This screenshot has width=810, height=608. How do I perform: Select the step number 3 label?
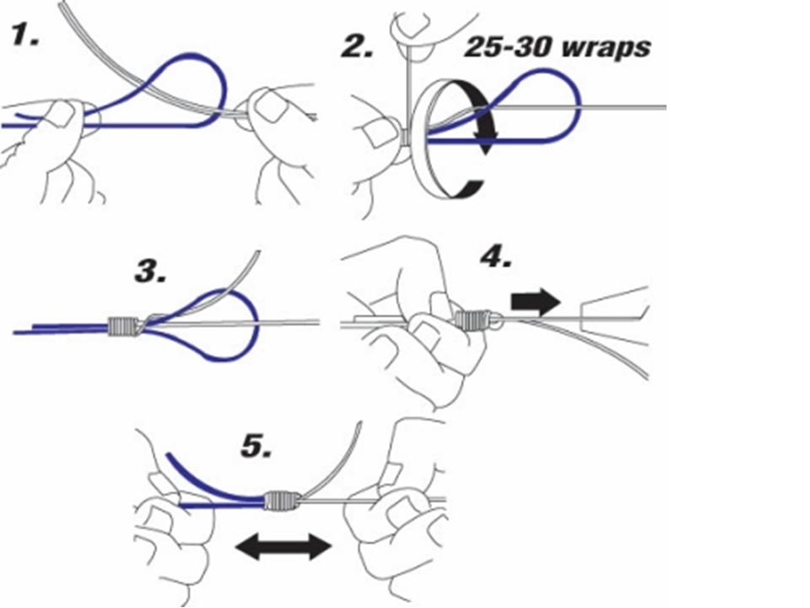pyautogui.click(x=152, y=272)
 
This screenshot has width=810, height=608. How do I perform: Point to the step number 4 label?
pyautogui.click(x=495, y=255)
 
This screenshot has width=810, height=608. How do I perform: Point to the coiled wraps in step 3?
pyautogui.click(x=124, y=326)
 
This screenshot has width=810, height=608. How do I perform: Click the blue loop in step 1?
pyautogui.click(x=198, y=76)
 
